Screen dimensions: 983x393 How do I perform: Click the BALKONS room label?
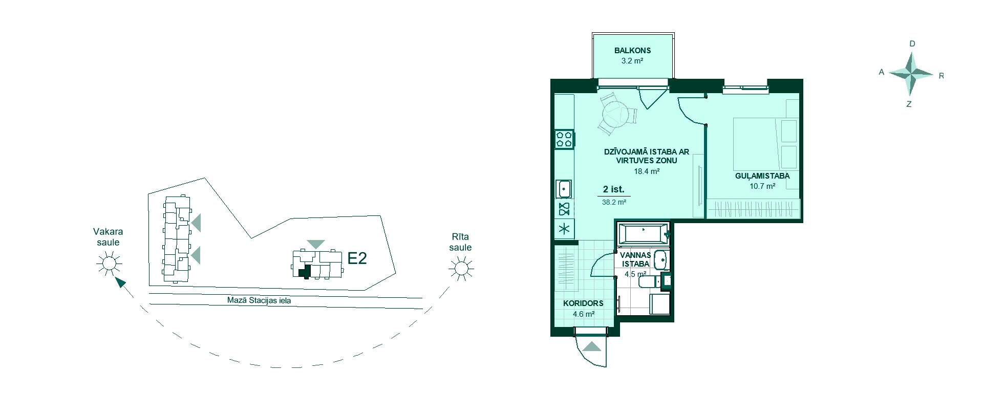pos(632,51)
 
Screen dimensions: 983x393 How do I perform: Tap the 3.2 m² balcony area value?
pos(632,60)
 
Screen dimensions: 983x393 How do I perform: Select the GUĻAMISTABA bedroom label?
pos(762,176)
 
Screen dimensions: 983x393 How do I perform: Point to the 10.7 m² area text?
pos(762,186)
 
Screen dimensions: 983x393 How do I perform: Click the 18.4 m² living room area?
pos(647,171)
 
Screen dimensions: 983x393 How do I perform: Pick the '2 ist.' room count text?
pos(614,189)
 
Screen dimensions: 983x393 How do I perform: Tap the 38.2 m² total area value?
pos(614,202)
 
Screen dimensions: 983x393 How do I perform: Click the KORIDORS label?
pos(583,303)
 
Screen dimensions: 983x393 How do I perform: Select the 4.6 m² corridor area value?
pos(583,314)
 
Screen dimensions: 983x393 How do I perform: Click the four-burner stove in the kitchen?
pos(564,139)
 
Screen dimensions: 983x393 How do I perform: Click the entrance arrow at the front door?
pos(592,346)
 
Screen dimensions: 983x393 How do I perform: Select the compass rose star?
pos(911,74)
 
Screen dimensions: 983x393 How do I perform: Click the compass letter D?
pos(912,44)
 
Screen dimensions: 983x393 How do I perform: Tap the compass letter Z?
pos(909,104)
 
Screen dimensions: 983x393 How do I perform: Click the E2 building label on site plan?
pos(357,258)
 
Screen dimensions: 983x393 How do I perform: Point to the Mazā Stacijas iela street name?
pos(259,301)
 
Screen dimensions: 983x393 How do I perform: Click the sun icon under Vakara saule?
pos(109,264)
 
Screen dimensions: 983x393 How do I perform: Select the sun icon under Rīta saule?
pos(461,268)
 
